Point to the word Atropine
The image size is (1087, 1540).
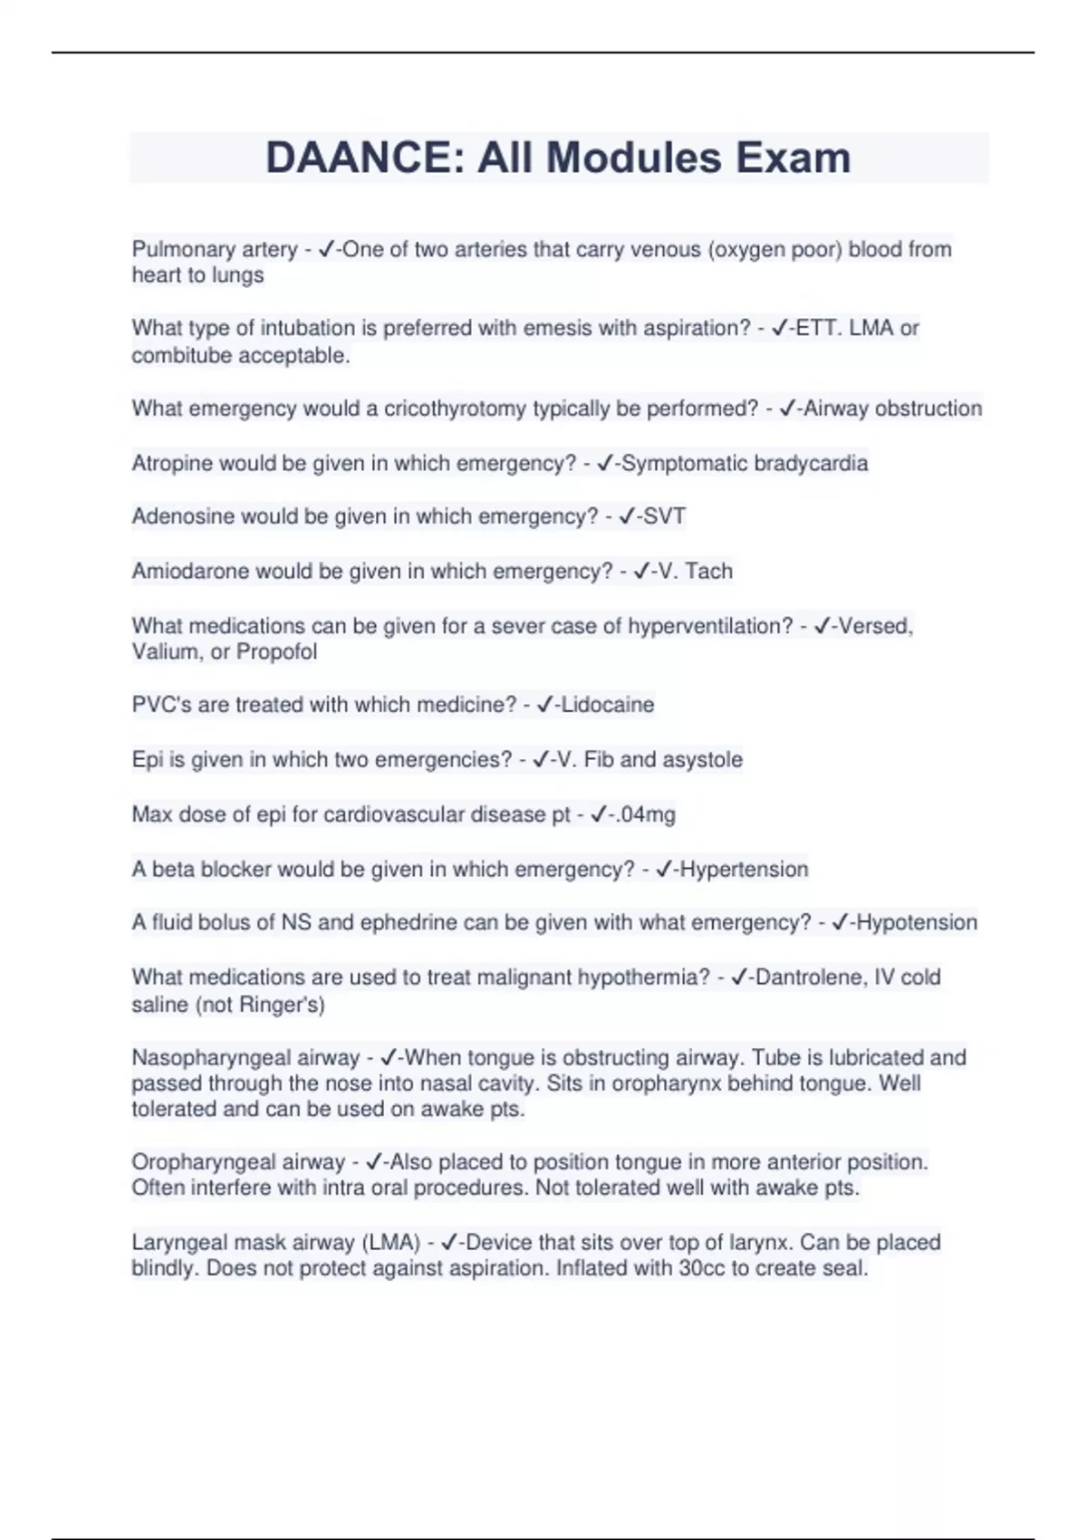(x=170, y=463)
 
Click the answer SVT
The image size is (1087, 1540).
(x=664, y=516)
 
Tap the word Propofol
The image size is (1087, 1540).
(x=276, y=651)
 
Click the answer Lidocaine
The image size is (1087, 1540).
(x=608, y=705)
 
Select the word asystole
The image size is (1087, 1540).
(x=702, y=759)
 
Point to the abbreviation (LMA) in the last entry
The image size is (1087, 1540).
(x=391, y=1242)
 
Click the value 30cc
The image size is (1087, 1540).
(x=701, y=1268)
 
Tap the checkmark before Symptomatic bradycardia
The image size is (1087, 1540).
(x=605, y=463)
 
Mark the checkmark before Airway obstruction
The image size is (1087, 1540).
(x=787, y=409)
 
